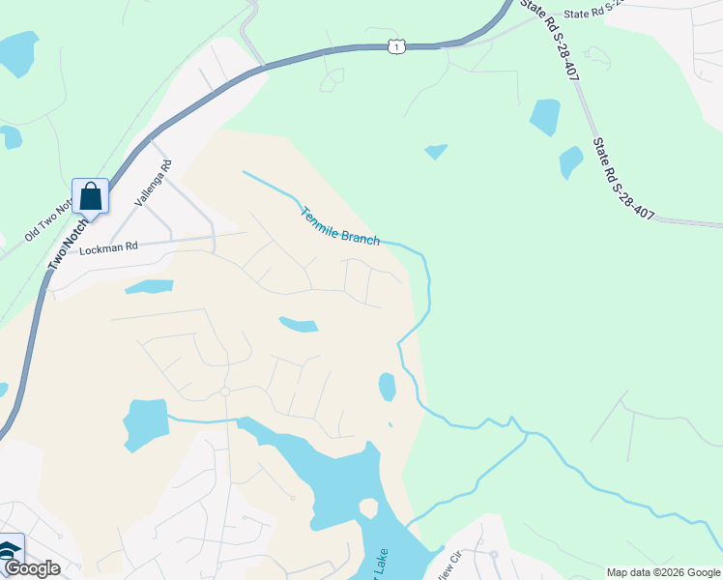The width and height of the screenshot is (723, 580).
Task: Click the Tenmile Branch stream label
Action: (x=340, y=227)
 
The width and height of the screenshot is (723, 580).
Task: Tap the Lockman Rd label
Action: (x=109, y=247)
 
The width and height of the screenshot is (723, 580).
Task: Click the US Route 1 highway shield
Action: (x=395, y=46)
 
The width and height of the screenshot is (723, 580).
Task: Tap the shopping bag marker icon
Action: (x=90, y=196)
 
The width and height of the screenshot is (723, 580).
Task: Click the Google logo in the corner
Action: (x=32, y=569)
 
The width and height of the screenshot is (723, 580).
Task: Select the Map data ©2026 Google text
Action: (x=663, y=572)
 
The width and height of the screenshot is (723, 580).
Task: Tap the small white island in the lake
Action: (x=367, y=508)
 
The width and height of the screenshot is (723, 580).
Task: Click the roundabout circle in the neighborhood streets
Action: (x=224, y=391)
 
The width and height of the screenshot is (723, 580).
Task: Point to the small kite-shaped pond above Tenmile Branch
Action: (x=436, y=151)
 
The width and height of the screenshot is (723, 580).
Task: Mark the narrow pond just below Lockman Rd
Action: (x=149, y=287)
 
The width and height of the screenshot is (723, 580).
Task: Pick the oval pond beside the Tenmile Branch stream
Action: (x=387, y=387)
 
